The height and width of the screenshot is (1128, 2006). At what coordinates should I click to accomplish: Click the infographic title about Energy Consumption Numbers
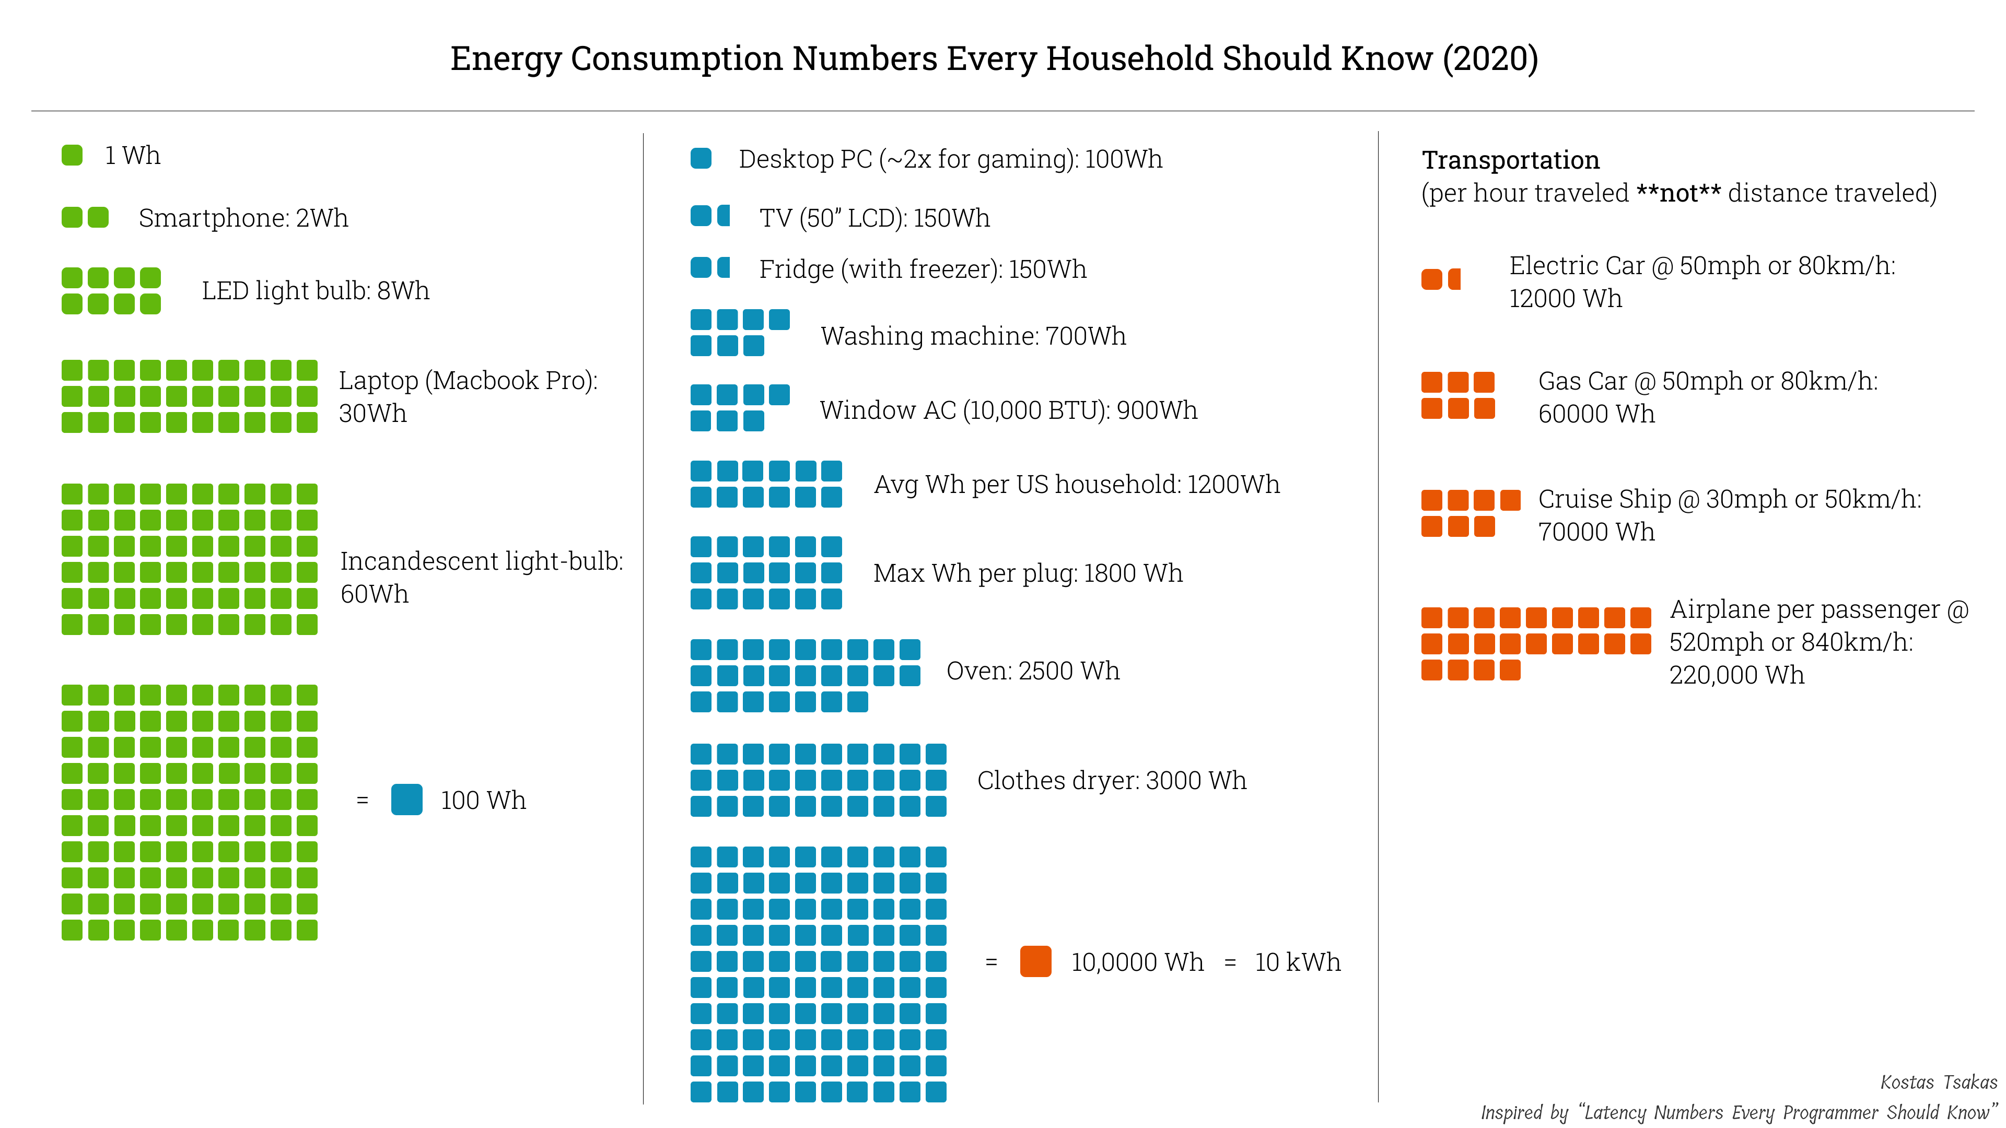[994, 58]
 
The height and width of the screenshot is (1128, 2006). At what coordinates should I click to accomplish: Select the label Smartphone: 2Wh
[243, 218]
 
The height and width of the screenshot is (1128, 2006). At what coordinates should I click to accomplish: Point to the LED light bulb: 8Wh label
[316, 290]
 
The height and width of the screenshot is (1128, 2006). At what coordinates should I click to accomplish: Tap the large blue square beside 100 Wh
[406, 800]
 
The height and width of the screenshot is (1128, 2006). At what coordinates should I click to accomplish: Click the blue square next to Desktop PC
[701, 159]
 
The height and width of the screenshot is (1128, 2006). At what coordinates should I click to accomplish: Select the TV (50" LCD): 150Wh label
[874, 218]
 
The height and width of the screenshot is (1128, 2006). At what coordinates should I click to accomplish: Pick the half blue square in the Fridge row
[724, 268]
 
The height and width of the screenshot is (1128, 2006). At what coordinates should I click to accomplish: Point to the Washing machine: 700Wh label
[973, 335]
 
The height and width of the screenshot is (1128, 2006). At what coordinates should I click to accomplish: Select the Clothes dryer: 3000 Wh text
[1111, 780]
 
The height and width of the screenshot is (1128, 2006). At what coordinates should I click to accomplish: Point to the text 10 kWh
[1297, 962]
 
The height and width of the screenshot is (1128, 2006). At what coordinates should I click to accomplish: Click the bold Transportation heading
[1510, 160]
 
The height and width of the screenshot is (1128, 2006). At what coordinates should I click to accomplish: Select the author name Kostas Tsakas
[1938, 1082]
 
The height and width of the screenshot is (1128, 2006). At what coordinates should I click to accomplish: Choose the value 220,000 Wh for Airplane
[1736, 675]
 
